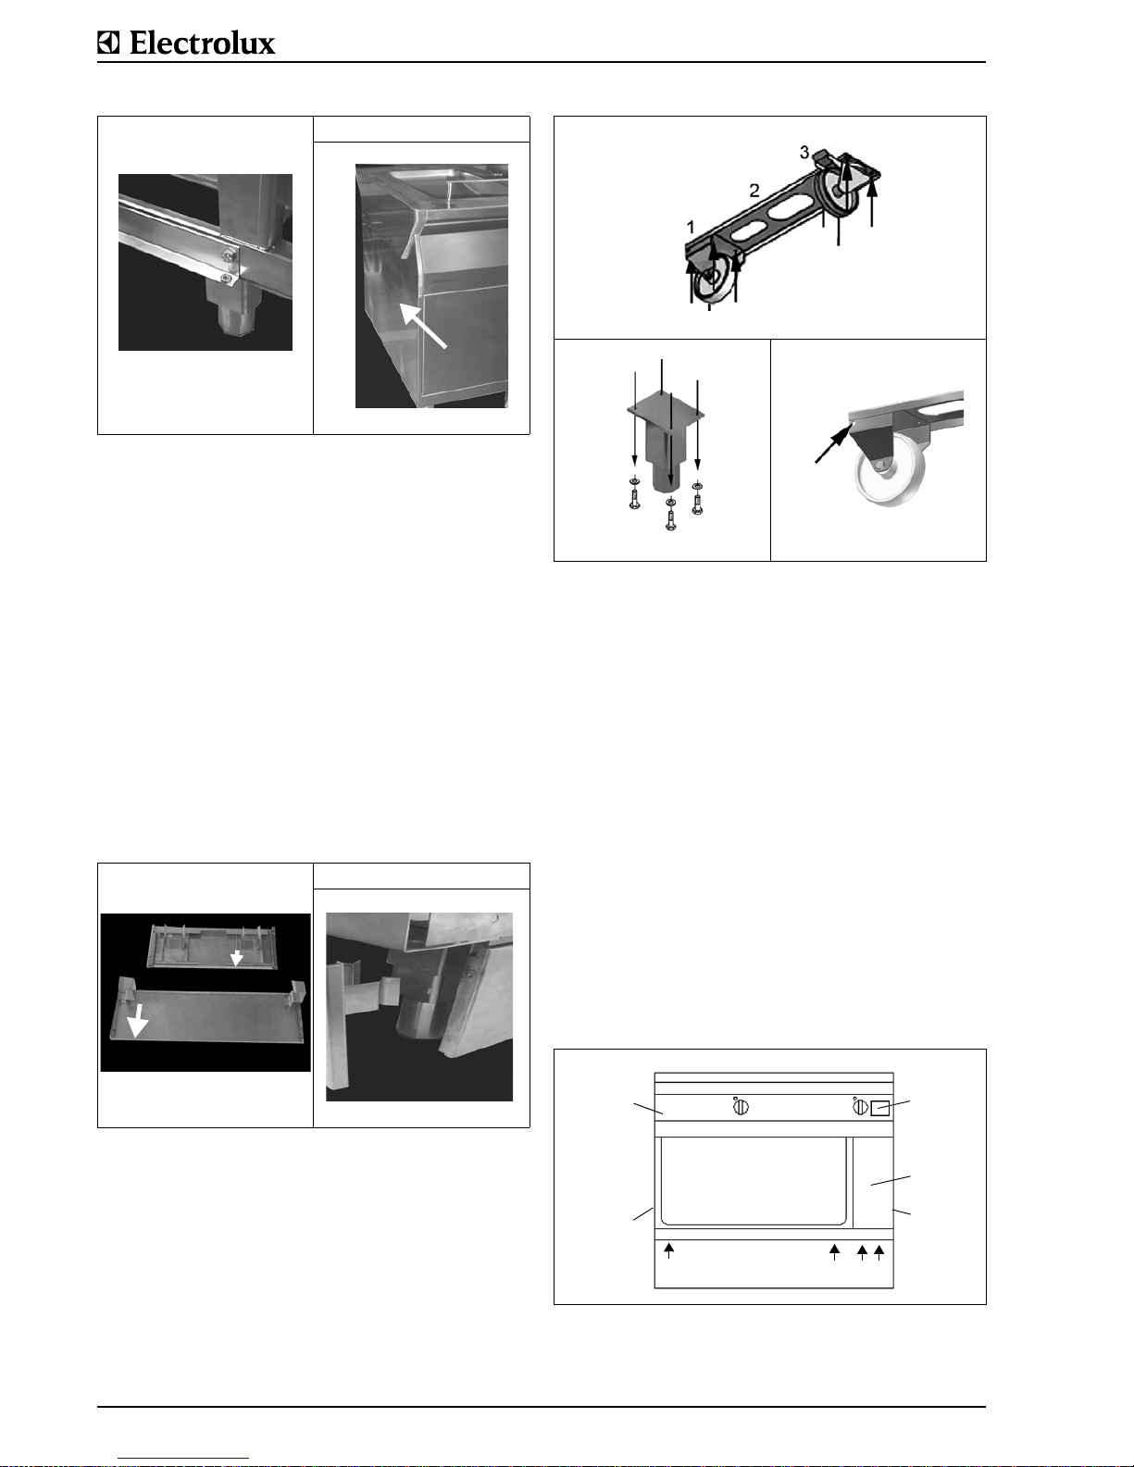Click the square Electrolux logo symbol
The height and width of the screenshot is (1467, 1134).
pyautogui.click(x=108, y=43)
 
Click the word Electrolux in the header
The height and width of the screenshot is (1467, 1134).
pyautogui.click(x=202, y=43)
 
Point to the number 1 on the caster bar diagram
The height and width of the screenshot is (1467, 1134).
pyautogui.click(x=691, y=227)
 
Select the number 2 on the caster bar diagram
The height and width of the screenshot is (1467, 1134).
pyautogui.click(x=754, y=191)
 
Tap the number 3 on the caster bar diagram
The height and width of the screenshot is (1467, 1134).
pyautogui.click(x=804, y=153)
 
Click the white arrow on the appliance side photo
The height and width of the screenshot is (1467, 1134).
pyautogui.click(x=422, y=326)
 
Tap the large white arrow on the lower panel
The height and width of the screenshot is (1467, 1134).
pyautogui.click(x=138, y=1020)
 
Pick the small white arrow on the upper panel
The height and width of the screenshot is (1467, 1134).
pyautogui.click(x=236, y=957)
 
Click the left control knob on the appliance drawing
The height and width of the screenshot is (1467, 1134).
pyautogui.click(x=741, y=1107)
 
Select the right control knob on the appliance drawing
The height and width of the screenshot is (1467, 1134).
pyautogui.click(x=860, y=1107)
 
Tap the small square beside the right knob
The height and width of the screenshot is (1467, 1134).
pyautogui.click(x=879, y=1108)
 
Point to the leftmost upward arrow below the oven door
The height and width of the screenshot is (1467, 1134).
pyautogui.click(x=669, y=1251)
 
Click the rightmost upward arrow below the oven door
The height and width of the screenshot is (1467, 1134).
pyautogui.click(x=879, y=1253)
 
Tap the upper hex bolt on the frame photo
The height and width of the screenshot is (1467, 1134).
pyautogui.click(x=230, y=255)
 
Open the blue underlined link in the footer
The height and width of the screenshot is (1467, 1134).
pyautogui.click(x=183, y=1459)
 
